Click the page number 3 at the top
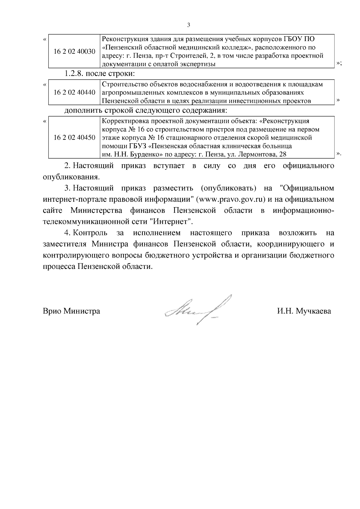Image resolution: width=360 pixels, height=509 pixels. click(x=188, y=25)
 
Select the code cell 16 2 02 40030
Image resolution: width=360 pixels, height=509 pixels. click(x=74, y=52)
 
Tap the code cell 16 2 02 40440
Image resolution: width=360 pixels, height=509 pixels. click(x=74, y=92)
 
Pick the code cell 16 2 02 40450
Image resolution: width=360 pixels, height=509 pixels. click(x=74, y=138)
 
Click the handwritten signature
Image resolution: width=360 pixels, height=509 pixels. click(x=198, y=310)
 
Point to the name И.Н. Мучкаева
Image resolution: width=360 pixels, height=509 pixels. click(x=304, y=311)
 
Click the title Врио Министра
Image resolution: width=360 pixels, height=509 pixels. click(x=71, y=311)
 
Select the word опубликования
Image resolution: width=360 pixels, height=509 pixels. click(x=71, y=177)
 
